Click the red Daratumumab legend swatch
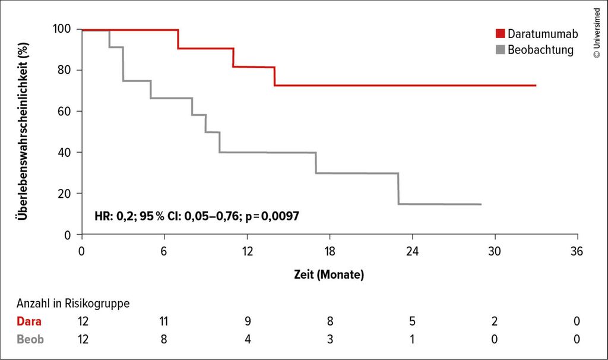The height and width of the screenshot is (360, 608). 500,34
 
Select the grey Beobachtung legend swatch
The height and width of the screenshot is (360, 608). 500,49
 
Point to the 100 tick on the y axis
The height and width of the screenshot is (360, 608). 62,29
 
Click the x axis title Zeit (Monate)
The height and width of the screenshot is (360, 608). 329,275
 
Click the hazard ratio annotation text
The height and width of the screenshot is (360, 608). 197,216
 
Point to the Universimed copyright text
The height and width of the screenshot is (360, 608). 596,33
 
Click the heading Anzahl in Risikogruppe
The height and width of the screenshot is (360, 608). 73,303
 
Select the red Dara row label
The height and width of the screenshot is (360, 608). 29,321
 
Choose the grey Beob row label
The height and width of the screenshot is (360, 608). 30,340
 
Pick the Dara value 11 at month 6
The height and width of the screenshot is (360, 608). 164,321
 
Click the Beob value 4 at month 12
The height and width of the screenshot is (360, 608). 247,340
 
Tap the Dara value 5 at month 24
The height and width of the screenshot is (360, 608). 412,321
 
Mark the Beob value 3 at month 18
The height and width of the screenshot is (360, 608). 330,340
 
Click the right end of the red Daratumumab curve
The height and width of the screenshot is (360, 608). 536,86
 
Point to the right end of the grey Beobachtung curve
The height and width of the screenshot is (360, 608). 480,204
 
